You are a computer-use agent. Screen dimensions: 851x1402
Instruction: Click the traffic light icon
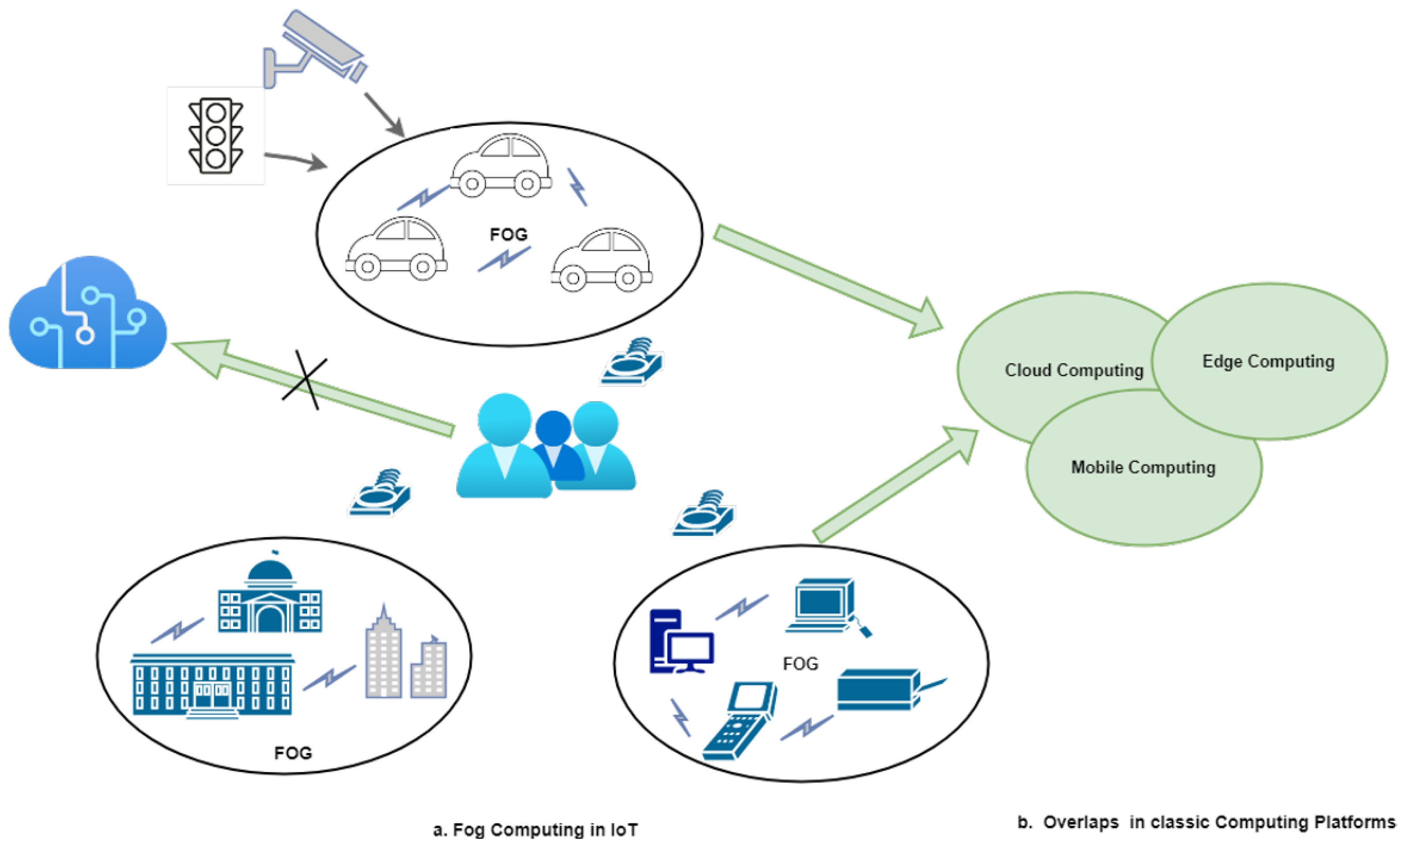click(x=216, y=136)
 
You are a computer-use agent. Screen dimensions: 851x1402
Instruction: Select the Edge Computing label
click(x=1268, y=361)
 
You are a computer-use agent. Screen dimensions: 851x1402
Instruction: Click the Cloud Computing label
click(x=1074, y=370)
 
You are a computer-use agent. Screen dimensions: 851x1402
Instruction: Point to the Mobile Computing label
click(x=1143, y=467)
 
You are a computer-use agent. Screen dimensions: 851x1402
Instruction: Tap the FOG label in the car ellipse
click(x=508, y=234)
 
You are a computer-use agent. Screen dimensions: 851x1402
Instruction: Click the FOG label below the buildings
click(x=293, y=753)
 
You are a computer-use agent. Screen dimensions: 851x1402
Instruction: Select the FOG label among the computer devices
click(x=800, y=664)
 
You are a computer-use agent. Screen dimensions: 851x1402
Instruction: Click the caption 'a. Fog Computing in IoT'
click(x=535, y=830)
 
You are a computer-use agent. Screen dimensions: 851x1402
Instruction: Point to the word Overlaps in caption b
click(x=1081, y=822)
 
